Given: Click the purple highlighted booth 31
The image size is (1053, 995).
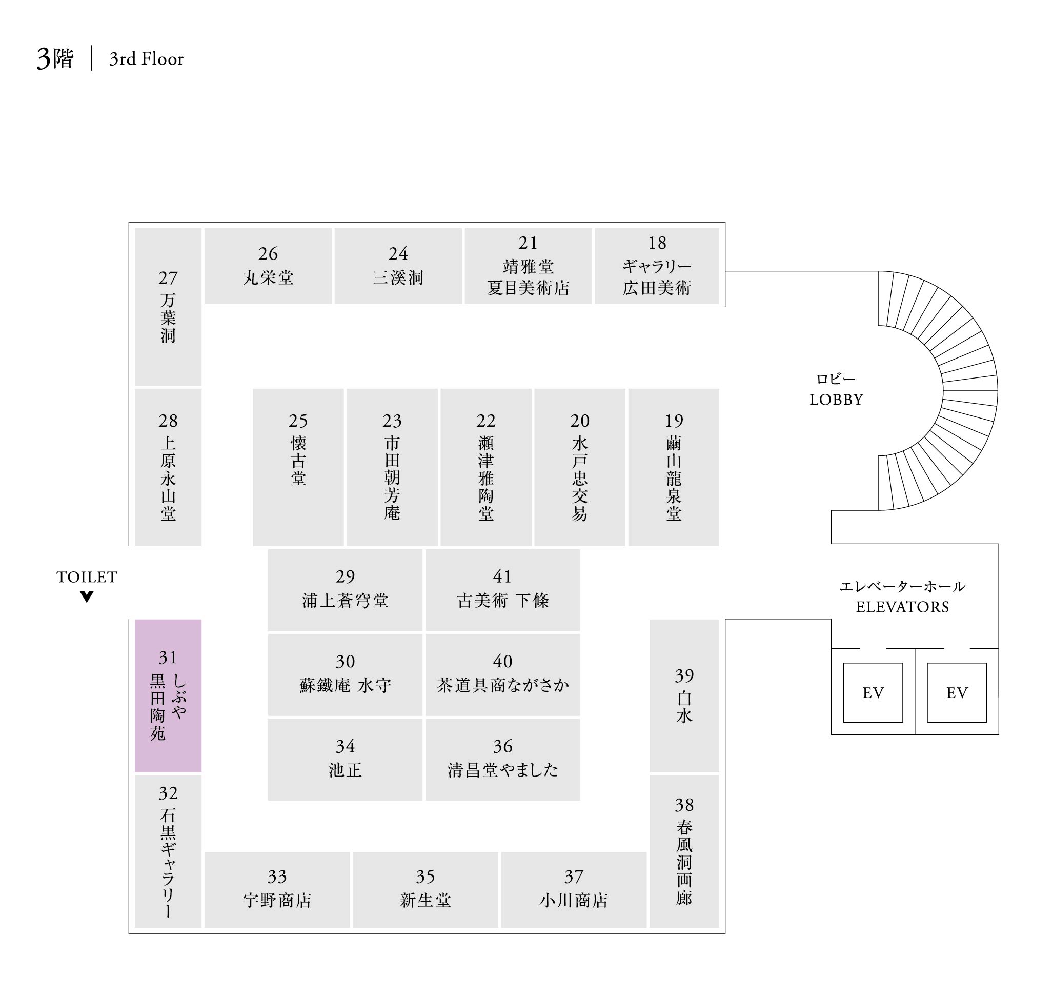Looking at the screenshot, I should click(x=168, y=695).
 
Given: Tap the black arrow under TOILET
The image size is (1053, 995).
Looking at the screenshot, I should click(x=87, y=596).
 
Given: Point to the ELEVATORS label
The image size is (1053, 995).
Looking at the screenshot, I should click(x=902, y=606).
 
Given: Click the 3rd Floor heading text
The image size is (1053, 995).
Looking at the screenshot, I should click(x=146, y=59).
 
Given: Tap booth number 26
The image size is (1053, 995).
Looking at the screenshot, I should click(x=268, y=265).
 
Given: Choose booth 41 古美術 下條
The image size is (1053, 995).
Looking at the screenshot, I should click(x=502, y=589).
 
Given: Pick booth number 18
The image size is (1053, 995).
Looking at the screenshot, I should click(x=656, y=265).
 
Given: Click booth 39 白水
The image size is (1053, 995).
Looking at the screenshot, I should click(x=683, y=695).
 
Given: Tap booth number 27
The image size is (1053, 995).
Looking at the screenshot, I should click(x=168, y=306).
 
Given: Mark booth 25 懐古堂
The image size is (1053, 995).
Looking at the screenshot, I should click(x=298, y=467).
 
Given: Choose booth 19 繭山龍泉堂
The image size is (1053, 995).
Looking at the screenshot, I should click(x=673, y=467).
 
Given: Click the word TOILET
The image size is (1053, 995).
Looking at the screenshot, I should click(x=87, y=576).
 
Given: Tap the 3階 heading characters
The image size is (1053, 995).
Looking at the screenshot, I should click(x=55, y=58).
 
